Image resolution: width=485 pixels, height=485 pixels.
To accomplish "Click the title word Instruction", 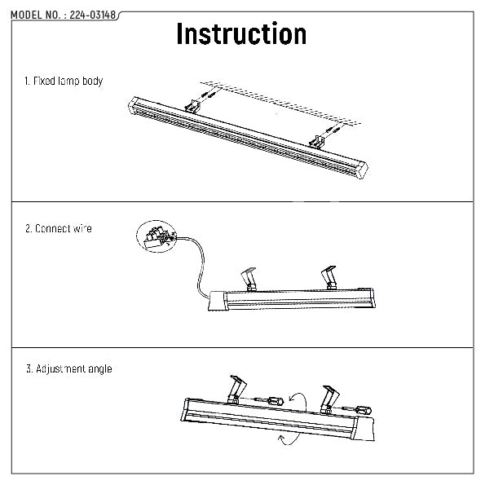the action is point(241,34).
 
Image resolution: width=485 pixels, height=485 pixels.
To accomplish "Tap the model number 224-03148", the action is point(93,15).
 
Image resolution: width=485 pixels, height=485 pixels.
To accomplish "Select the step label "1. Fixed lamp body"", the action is point(64,81).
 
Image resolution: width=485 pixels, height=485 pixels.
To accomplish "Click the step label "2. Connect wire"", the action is point(59,228).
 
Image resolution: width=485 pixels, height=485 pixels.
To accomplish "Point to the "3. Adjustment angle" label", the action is point(69,368).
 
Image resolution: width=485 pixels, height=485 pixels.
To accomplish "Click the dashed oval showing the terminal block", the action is point(157,236).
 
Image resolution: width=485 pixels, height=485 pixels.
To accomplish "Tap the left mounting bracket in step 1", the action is point(192,107).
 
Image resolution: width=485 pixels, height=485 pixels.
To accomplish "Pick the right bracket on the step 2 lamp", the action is point(329,278).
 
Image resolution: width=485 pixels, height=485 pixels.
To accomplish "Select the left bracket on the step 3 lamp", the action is point(237,390).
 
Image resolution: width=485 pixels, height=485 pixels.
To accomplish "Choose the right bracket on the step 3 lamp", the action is point(330,399).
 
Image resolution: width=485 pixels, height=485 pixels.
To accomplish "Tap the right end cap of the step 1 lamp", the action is point(362,170).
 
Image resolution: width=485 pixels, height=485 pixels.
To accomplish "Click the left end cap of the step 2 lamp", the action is point(217,301).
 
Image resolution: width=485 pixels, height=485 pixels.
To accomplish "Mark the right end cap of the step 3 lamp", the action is point(364,429).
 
